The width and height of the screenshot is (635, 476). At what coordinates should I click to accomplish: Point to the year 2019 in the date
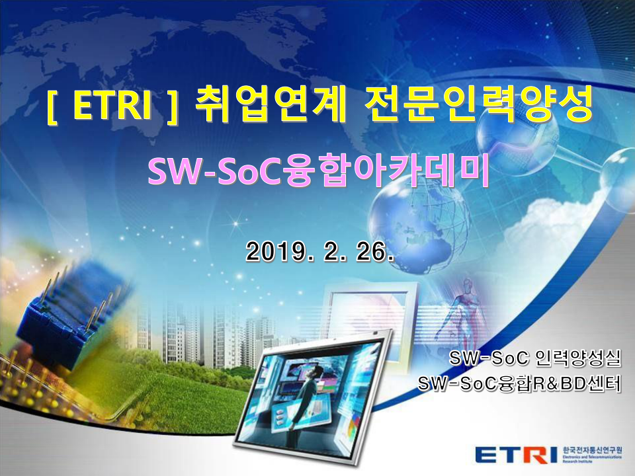tap(271, 251)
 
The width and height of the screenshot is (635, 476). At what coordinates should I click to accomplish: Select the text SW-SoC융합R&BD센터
tap(521, 383)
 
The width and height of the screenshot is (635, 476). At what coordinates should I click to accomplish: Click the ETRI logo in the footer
tap(516, 455)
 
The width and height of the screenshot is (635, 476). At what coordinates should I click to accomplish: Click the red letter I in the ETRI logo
tap(552, 455)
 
